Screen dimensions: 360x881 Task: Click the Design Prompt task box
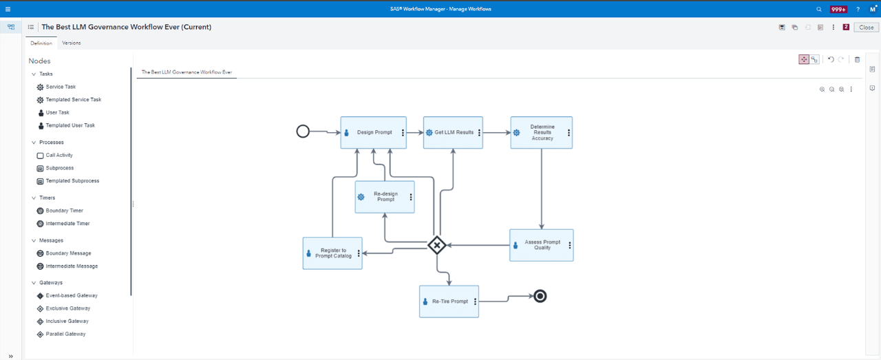tap(374, 132)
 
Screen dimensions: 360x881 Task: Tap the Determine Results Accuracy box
tap(541, 133)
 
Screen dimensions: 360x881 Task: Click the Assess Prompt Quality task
tap(541, 245)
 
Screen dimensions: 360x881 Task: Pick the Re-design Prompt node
tap(385, 197)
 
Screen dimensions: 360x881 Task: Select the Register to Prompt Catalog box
tap(332, 253)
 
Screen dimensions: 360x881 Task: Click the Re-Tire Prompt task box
tap(449, 301)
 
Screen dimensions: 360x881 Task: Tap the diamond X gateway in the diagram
tap(437, 245)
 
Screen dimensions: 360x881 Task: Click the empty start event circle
tap(303, 131)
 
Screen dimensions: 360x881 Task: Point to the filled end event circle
tap(540, 296)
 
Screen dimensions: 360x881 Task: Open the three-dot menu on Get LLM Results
tap(479, 132)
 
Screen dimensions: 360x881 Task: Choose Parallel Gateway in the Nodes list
tap(65, 334)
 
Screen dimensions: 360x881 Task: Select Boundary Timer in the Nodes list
tap(64, 211)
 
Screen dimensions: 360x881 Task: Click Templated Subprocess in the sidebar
tap(72, 181)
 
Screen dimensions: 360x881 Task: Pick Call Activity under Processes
tap(59, 156)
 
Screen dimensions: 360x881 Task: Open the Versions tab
tap(71, 43)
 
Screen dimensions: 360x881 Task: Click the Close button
tap(866, 28)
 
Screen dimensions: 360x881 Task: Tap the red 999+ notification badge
tap(838, 9)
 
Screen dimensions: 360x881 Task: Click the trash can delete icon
tap(857, 60)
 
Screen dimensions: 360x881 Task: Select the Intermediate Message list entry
tap(72, 266)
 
